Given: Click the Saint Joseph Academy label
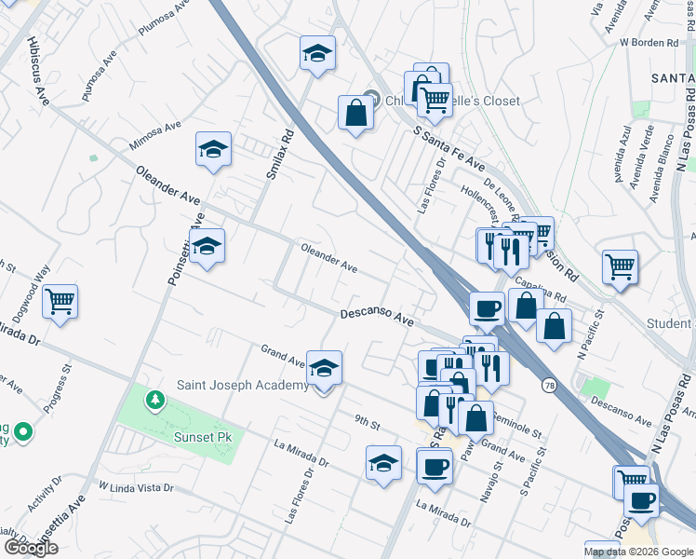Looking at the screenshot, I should point(242,386).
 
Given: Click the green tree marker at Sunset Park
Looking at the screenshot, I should point(155,401).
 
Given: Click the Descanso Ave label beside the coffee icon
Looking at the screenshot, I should point(376,318).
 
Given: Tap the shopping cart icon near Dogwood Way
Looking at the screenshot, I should point(60,302).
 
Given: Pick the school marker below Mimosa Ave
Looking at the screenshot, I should point(213,149).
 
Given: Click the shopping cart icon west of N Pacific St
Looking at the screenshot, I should point(619,267).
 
